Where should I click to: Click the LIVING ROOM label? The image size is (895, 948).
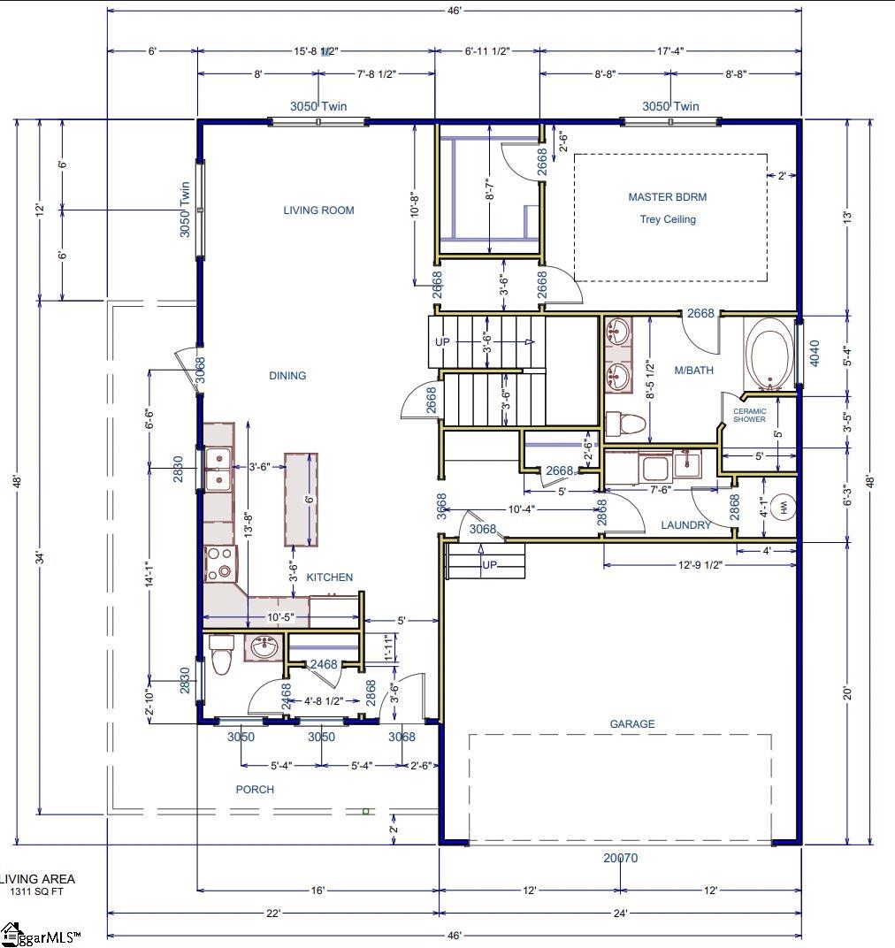[318, 210]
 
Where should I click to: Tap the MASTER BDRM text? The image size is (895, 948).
[667, 197]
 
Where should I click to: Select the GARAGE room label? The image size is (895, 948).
[632, 724]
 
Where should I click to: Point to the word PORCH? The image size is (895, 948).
[255, 790]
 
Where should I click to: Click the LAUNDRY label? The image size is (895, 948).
[686, 525]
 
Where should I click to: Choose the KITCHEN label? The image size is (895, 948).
[329, 577]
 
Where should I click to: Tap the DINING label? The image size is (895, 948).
[287, 376]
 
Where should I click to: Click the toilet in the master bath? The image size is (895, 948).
[629, 424]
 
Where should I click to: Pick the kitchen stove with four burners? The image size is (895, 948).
[219, 563]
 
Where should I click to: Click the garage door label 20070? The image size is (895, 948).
[620, 858]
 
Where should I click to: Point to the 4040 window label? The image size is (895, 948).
[815, 353]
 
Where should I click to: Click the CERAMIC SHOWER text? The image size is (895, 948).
[749, 415]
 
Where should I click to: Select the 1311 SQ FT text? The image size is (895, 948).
[37, 892]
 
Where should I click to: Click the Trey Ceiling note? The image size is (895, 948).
[668, 219]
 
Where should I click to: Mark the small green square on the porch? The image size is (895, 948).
[365, 810]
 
